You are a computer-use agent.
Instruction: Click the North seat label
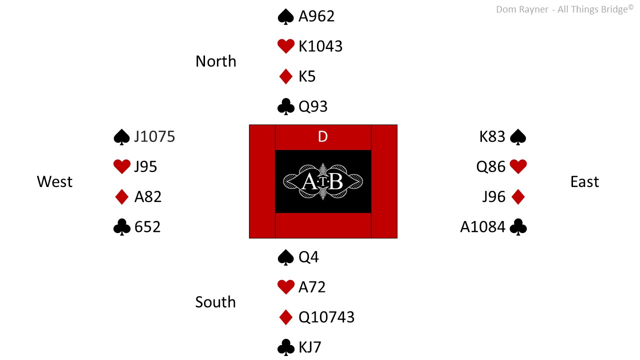(x=215, y=61)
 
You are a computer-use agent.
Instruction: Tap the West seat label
(x=54, y=181)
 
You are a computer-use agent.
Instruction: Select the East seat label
(x=584, y=181)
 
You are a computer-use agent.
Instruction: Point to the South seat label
(x=215, y=302)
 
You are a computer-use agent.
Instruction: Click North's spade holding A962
(x=316, y=16)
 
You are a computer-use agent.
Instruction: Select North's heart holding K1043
(x=320, y=46)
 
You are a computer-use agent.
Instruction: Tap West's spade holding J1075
(x=154, y=136)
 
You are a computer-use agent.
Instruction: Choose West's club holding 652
(x=147, y=227)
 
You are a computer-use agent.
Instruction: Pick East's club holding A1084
(x=483, y=227)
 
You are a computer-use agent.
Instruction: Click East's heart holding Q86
(x=491, y=166)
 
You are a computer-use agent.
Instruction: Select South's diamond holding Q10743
(x=326, y=317)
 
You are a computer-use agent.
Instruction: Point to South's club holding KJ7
(x=309, y=347)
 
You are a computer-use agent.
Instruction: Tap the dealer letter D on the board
(x=323, y=136)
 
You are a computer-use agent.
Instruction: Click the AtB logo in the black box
(x=323, y=181)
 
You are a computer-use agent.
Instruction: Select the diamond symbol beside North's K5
(x=285, y=76)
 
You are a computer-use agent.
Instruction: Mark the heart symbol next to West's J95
(x=122, y=166)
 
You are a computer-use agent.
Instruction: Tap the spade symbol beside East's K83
(x=518, y=137)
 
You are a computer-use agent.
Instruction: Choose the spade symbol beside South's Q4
(x=285, y=257)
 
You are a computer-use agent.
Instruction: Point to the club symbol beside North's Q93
(x=285, y=106)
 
